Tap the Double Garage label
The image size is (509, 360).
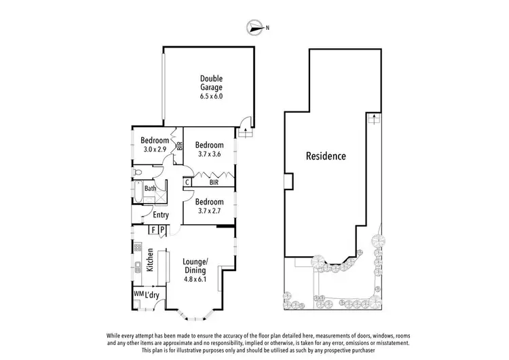[x=211, y=82]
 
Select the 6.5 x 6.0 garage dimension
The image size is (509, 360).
[x=211, y=96]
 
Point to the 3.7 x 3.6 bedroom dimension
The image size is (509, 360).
[x=209, y=154]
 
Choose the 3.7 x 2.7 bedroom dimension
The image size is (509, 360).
[x=209, y=211]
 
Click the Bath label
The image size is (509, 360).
[x=150, y=189]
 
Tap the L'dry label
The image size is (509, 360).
[x=152, y=295]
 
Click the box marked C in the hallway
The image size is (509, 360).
[x=187, y=182]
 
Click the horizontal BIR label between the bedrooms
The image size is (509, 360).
[x=213, y=182]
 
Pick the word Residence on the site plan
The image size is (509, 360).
[x=326, y=156]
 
